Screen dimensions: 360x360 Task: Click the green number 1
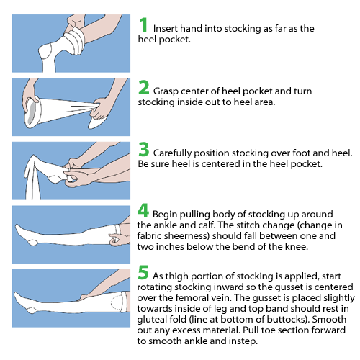coord(144,24)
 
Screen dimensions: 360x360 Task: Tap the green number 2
coord(144,89)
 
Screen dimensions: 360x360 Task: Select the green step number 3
coord(144,151)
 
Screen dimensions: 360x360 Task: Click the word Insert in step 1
coord(168,28)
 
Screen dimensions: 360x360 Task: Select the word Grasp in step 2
coord(168,91)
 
